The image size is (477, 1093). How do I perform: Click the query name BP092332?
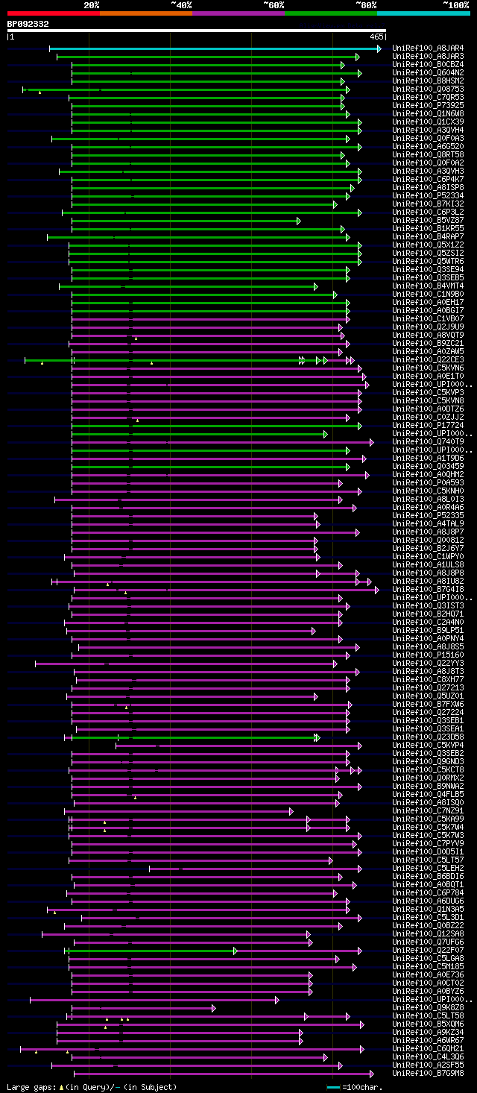[28, 24]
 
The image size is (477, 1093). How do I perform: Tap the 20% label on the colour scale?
[91, 4]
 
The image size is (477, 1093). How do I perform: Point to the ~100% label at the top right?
[456, 4]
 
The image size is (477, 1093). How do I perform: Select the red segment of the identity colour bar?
[53, 13]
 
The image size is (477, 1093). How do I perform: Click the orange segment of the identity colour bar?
[145, 13]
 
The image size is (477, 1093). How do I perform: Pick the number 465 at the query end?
[376, 36]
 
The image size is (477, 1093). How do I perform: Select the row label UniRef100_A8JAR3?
[428, 57]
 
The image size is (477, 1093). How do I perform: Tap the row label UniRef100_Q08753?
[428, 89]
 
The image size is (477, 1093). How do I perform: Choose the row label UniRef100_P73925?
[428, 106]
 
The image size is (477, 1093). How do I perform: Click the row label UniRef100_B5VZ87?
[428, 221]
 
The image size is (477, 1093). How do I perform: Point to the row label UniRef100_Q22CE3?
[428, 360]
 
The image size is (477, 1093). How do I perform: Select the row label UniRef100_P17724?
[428, 426]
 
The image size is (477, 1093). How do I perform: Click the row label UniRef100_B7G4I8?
[428, 590]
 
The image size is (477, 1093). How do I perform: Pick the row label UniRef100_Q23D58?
[428, 737]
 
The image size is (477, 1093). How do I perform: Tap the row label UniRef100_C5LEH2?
[428, 869]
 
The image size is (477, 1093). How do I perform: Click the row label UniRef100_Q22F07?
[428, 951]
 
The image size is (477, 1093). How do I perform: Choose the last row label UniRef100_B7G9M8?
[428, 1074]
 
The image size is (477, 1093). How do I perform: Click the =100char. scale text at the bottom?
[364, 1087]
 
